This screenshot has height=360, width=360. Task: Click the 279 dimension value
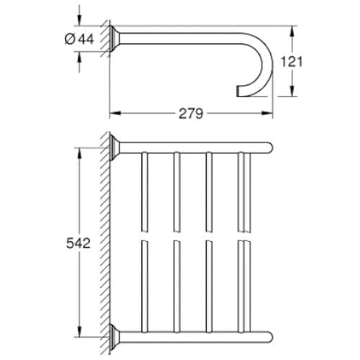coord(192,113)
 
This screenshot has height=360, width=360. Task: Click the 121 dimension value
coord(310,61)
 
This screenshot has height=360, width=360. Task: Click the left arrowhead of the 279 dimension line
coord(113,113)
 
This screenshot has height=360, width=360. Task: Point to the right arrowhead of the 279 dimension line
coord(273,113)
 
